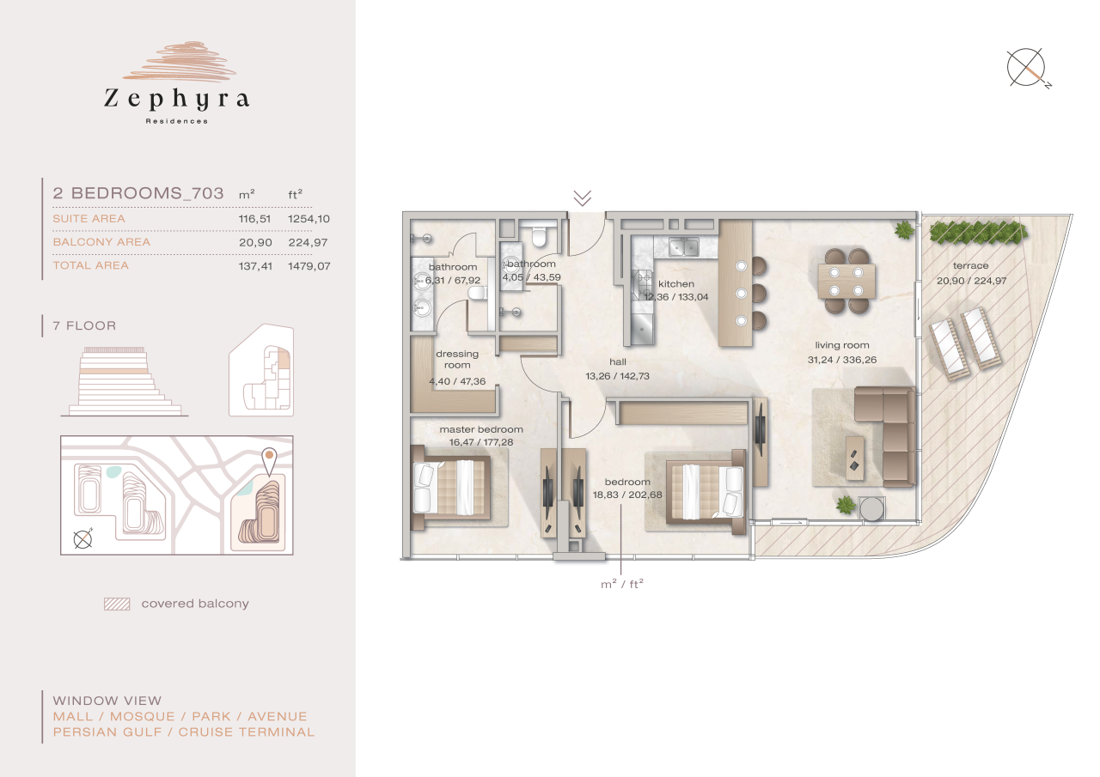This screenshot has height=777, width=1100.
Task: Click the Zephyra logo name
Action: coord(176,99)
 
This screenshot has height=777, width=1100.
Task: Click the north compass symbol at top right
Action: coord(1028,69)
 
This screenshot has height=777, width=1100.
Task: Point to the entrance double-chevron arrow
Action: coord(582,198)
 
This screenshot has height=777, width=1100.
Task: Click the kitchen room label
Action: coord(675,284)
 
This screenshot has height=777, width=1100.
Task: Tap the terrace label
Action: coord(970,266)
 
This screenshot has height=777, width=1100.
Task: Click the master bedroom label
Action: coord(480,429)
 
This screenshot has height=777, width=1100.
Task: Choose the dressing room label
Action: coord(457,359)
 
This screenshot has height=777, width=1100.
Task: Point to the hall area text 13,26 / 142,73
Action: coord(618,376)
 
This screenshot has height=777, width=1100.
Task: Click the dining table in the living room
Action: coord(846,280)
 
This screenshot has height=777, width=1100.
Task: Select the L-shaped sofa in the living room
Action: coord(885,438)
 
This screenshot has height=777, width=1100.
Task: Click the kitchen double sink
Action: coord(685,247)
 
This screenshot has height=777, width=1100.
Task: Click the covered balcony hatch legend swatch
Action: coord(116,604)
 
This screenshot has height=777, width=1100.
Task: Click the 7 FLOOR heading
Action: coord(84,326)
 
